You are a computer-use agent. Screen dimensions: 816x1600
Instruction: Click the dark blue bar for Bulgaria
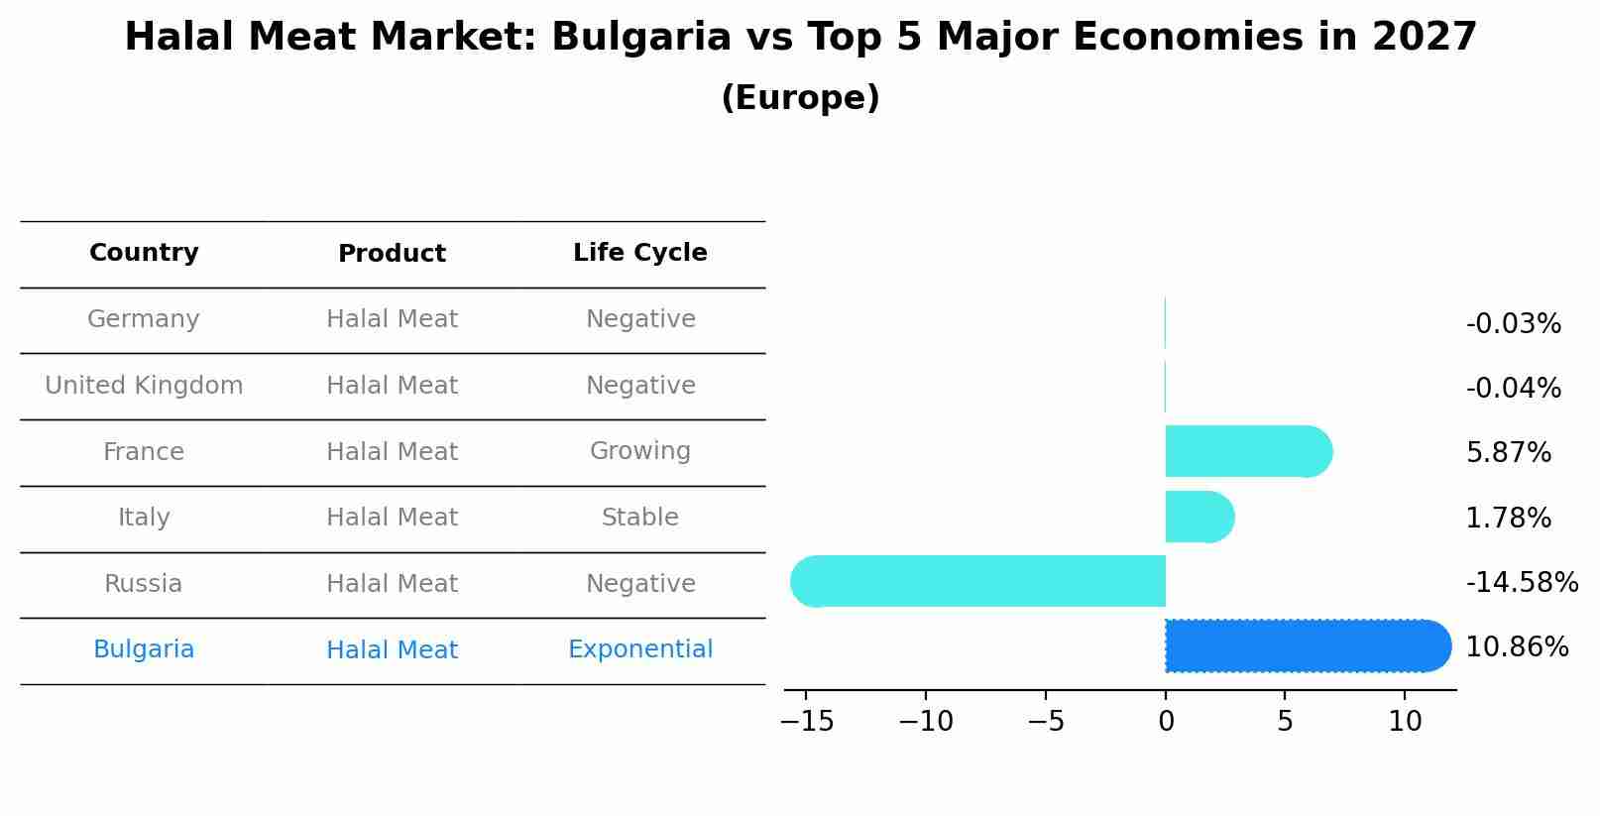[x=1307, y=645]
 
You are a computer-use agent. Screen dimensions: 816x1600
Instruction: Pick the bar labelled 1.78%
[x=1199, y=517]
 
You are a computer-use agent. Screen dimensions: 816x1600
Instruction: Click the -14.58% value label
[x=1522, y=582]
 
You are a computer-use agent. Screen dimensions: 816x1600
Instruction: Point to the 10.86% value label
[x=1517, y=647]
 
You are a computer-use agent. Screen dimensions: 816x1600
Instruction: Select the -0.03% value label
[x=1513, y=324]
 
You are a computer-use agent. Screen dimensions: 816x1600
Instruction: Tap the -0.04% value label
[x=1513, y=389]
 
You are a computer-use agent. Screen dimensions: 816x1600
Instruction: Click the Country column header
[x=144, y=253]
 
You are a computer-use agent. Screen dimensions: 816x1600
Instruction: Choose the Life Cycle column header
[x=640, y=253]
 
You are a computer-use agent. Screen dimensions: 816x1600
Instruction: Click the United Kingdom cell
[x=144, y=386]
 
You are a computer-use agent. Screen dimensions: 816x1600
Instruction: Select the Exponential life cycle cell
[x=640, y=649]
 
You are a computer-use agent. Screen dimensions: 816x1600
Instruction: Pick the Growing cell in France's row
[x=640, y=451]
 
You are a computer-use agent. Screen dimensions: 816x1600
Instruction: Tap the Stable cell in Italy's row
[x=640, y=518]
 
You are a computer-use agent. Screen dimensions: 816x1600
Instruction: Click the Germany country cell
[x=144, y=319]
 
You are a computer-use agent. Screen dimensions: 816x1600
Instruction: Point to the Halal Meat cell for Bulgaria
[x=392, y=650]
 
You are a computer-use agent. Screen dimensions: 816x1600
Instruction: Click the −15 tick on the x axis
[x=807, y=722]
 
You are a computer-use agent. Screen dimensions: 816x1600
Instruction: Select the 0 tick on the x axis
[x=1166, y=722]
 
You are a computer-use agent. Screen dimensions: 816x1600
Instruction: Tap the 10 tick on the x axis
[x=1405, y=722]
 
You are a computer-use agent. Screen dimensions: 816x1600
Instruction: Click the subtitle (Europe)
[x=800, y=98]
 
